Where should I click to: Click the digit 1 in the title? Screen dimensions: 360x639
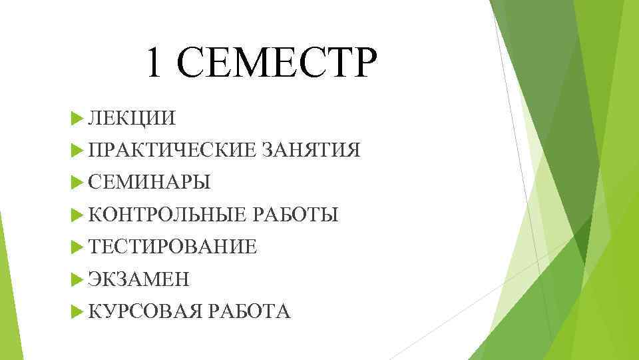[x=154, y=63]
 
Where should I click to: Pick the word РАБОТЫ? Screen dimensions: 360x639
[x=296, y=215]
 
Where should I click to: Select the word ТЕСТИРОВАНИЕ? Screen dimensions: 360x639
[x=172, y=247]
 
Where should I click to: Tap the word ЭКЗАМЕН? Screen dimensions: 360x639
[x=139, y=279]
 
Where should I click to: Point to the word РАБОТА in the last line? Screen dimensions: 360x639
[x=249, y=311]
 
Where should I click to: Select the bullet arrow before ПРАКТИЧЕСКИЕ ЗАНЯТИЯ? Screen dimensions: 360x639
[x=75, y=151]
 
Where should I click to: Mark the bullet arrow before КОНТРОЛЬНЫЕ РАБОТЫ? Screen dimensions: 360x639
[x=75, y=215]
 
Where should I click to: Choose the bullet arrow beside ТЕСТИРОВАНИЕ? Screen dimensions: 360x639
[x=75, y=247]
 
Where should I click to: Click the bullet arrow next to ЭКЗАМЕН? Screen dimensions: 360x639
[x=75, y=279]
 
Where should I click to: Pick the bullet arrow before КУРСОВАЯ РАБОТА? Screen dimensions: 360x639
[x=75, y=311]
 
